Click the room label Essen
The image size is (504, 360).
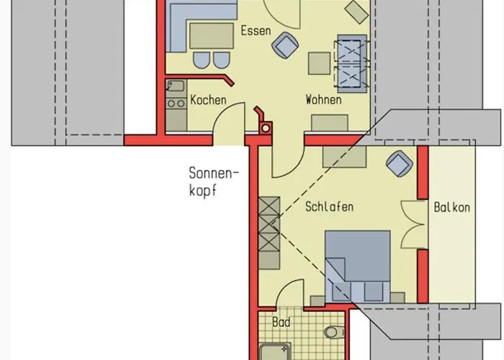256,31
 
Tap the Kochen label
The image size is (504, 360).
208,100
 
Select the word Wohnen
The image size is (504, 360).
323,99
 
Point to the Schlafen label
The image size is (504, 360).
329,207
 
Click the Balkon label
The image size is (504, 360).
451,207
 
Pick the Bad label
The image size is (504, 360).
282,322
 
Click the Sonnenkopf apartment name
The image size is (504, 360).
214,181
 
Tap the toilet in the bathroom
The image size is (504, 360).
333,333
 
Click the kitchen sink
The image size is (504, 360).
176,87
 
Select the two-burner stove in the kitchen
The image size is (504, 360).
176,104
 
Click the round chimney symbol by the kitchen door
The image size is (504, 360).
266,129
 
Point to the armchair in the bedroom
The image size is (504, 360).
400,163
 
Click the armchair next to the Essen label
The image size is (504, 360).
285,45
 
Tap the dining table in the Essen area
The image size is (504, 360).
211,36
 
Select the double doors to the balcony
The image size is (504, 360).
414,224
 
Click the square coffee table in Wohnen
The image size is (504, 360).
319,63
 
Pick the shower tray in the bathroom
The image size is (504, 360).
275,352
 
